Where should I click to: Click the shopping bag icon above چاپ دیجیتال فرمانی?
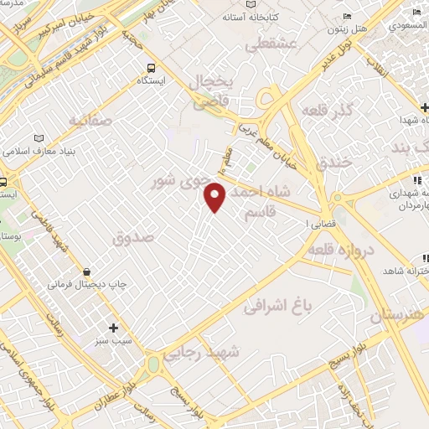point(87,271)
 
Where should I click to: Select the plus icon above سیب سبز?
point(113,327)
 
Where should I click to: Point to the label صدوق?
point(134,239)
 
